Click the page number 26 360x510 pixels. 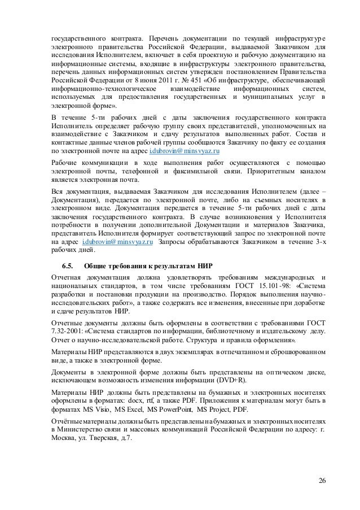point(322,480)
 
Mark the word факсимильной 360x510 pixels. point(199,172)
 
